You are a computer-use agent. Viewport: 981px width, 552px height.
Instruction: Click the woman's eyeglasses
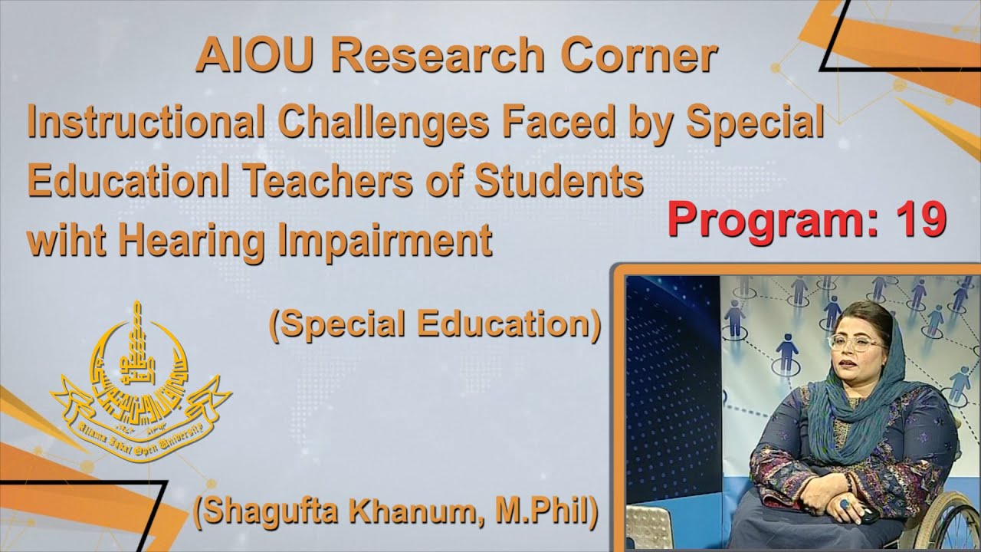click(855, 343)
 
